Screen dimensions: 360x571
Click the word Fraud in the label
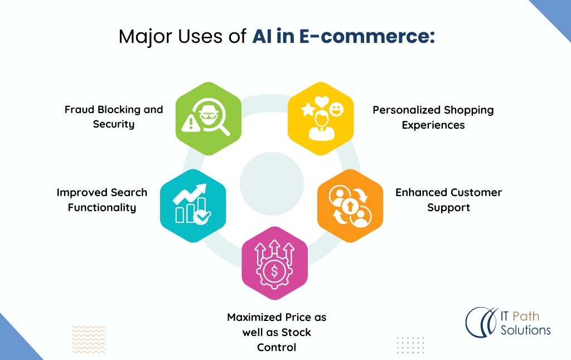click(79, 109)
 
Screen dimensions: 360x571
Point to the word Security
click(114, 124)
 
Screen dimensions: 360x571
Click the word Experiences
click(433, 125)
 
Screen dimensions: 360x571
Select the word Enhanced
click(421, 192)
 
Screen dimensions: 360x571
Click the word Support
click(449, 207)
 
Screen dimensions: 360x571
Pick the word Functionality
click(102, 207)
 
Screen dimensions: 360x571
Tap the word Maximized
click(254, 317)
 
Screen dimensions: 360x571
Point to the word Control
click(277, 347)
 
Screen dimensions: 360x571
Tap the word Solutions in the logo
click(525, 330)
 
